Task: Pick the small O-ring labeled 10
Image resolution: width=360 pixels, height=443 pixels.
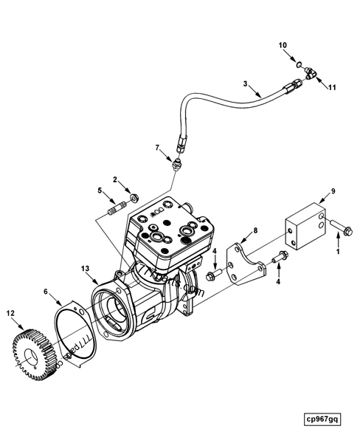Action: [x=295, y=65]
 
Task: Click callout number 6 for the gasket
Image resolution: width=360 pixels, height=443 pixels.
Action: [x=46, y=292]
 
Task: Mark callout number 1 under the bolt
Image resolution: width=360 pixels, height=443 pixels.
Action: [x=339, y=251]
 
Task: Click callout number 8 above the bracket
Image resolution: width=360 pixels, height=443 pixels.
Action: [x=255, y=231]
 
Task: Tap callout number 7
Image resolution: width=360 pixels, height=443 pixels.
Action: [x=156, y=148]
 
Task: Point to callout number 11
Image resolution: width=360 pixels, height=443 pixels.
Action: [x=332, y=87]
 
